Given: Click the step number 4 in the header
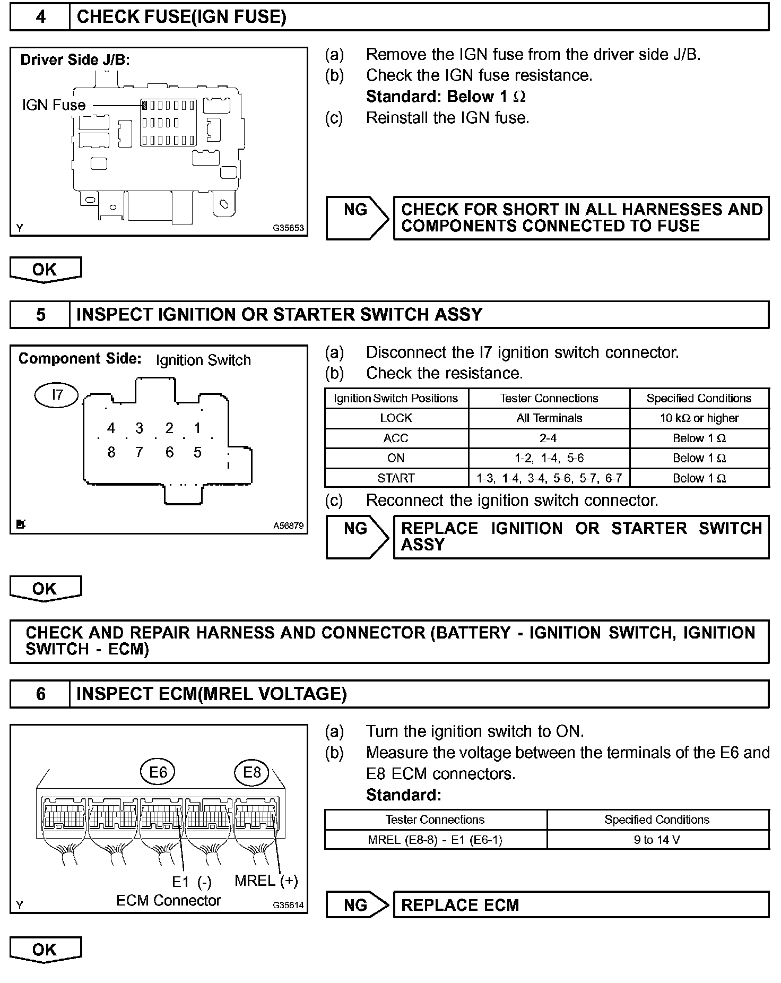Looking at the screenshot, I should point(40,17).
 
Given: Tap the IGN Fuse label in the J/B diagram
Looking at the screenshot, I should point(54,105).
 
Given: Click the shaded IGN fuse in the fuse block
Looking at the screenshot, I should point(144,105).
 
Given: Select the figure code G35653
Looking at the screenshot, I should point(288,228).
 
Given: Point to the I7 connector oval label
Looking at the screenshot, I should point(57,395).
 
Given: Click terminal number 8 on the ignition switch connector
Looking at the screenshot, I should point(111,452).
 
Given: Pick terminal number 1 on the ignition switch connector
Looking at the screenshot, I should point(197,428).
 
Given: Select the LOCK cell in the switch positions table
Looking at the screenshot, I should point(396,418).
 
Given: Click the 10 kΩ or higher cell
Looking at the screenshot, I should point(699,418).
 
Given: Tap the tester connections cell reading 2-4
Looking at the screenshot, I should point(549,438).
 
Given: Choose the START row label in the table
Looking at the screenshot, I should point(396,478).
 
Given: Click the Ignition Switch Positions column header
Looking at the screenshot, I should point(396,399).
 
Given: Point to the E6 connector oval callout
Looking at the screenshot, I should point(158,772).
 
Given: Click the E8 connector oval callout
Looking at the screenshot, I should point(251,772).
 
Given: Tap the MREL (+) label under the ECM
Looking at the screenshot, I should point(266,881).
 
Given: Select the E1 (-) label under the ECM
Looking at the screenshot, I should point(192,882).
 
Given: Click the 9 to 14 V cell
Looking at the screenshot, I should point(657,840).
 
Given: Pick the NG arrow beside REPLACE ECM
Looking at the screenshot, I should point(357,905).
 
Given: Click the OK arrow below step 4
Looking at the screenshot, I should point(45,270).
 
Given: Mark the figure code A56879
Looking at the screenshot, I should point(288,526).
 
